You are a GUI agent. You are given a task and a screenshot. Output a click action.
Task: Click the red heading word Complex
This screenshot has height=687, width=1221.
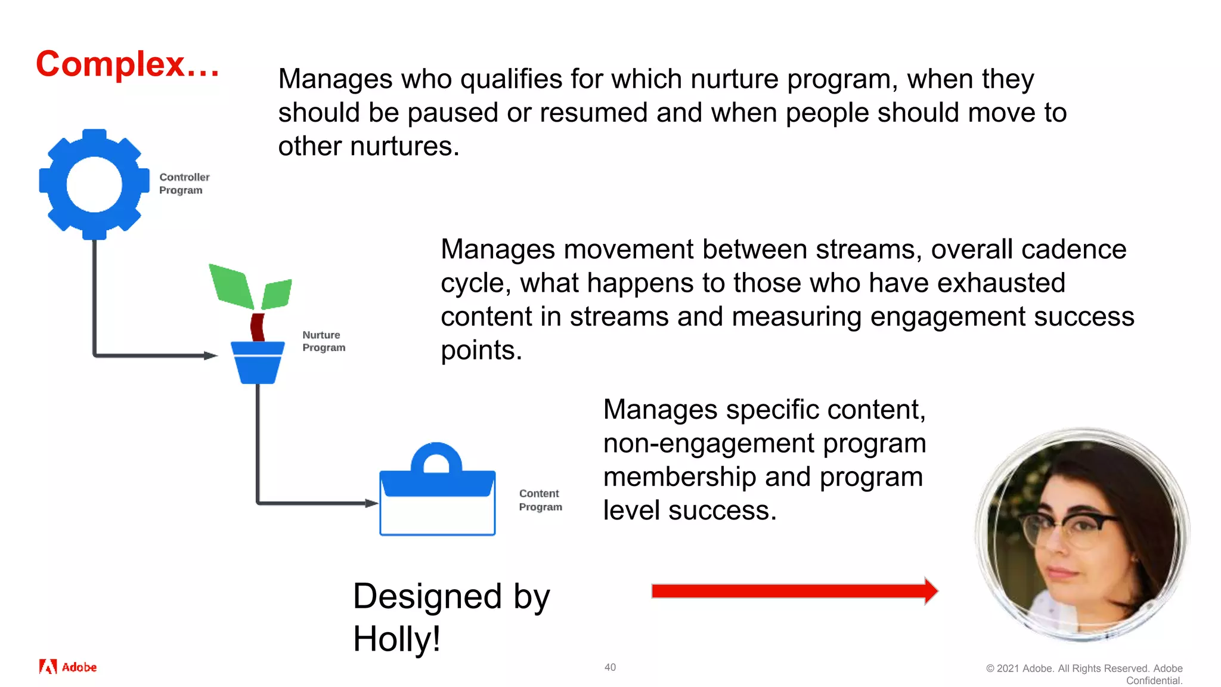point(111,64)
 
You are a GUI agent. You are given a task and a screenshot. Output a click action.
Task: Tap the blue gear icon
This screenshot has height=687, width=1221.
point(94,184)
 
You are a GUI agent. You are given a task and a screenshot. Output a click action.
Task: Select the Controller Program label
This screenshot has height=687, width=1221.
point(184,184)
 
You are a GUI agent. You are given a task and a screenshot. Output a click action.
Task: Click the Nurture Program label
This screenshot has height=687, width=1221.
point(324,341)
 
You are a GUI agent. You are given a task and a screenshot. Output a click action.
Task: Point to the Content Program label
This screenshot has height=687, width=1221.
point(540,500)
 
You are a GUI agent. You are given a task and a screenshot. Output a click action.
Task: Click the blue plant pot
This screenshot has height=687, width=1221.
point(258,362)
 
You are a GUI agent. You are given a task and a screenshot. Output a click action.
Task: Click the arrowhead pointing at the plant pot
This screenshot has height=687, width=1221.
point(211,355)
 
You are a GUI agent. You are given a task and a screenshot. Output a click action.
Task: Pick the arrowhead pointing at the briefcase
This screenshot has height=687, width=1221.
point(372,503)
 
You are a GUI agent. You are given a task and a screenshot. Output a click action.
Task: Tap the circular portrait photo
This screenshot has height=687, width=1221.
point(1082,534)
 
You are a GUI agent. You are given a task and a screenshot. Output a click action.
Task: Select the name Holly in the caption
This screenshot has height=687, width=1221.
point(395,639)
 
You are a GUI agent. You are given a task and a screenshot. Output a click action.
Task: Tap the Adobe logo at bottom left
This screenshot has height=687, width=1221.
point(68,667)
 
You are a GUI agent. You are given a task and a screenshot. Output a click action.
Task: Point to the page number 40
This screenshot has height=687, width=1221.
point(610,667)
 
